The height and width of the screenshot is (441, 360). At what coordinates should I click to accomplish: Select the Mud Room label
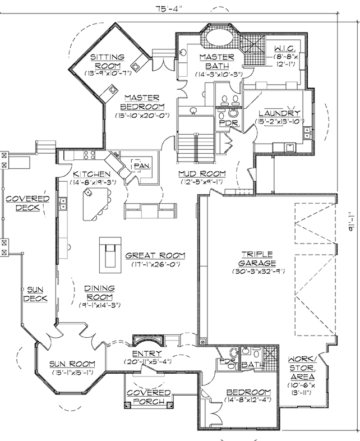(202, 174)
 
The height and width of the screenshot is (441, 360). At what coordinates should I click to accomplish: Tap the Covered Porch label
(149, 397)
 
